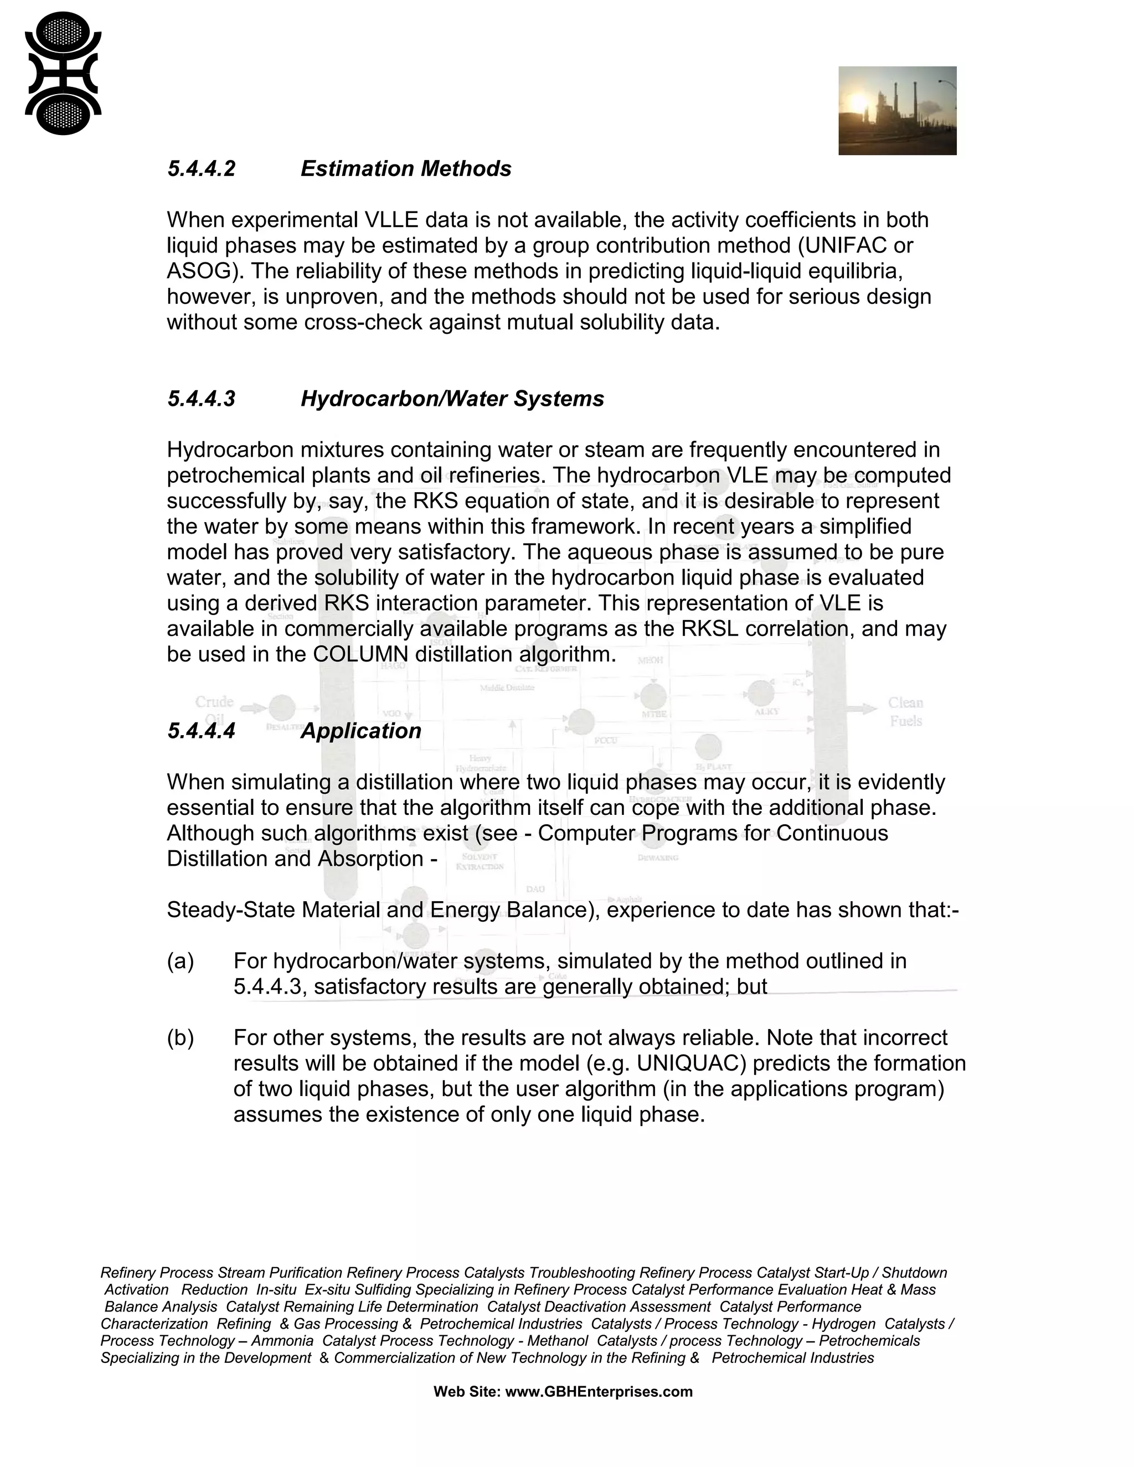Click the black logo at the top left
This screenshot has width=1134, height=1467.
(63, 73)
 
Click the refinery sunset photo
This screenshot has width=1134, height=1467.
(897, 111)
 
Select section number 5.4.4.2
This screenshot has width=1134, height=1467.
(202, 169)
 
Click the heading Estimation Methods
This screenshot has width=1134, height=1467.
(406, 169)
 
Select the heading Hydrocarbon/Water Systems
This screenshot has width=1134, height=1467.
(452, 399)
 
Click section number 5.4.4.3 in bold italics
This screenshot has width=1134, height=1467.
(202, 399)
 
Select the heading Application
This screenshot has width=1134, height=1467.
(361, 731)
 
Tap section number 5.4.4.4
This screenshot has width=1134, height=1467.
(202, 731)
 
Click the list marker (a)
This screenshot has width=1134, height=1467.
(180, 961)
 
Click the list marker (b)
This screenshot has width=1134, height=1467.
(180, 1038)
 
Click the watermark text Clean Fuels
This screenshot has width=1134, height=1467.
(905, 712)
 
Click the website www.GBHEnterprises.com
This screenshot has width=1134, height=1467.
(599, 1392)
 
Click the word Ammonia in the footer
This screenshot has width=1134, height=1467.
(282, 1341)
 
